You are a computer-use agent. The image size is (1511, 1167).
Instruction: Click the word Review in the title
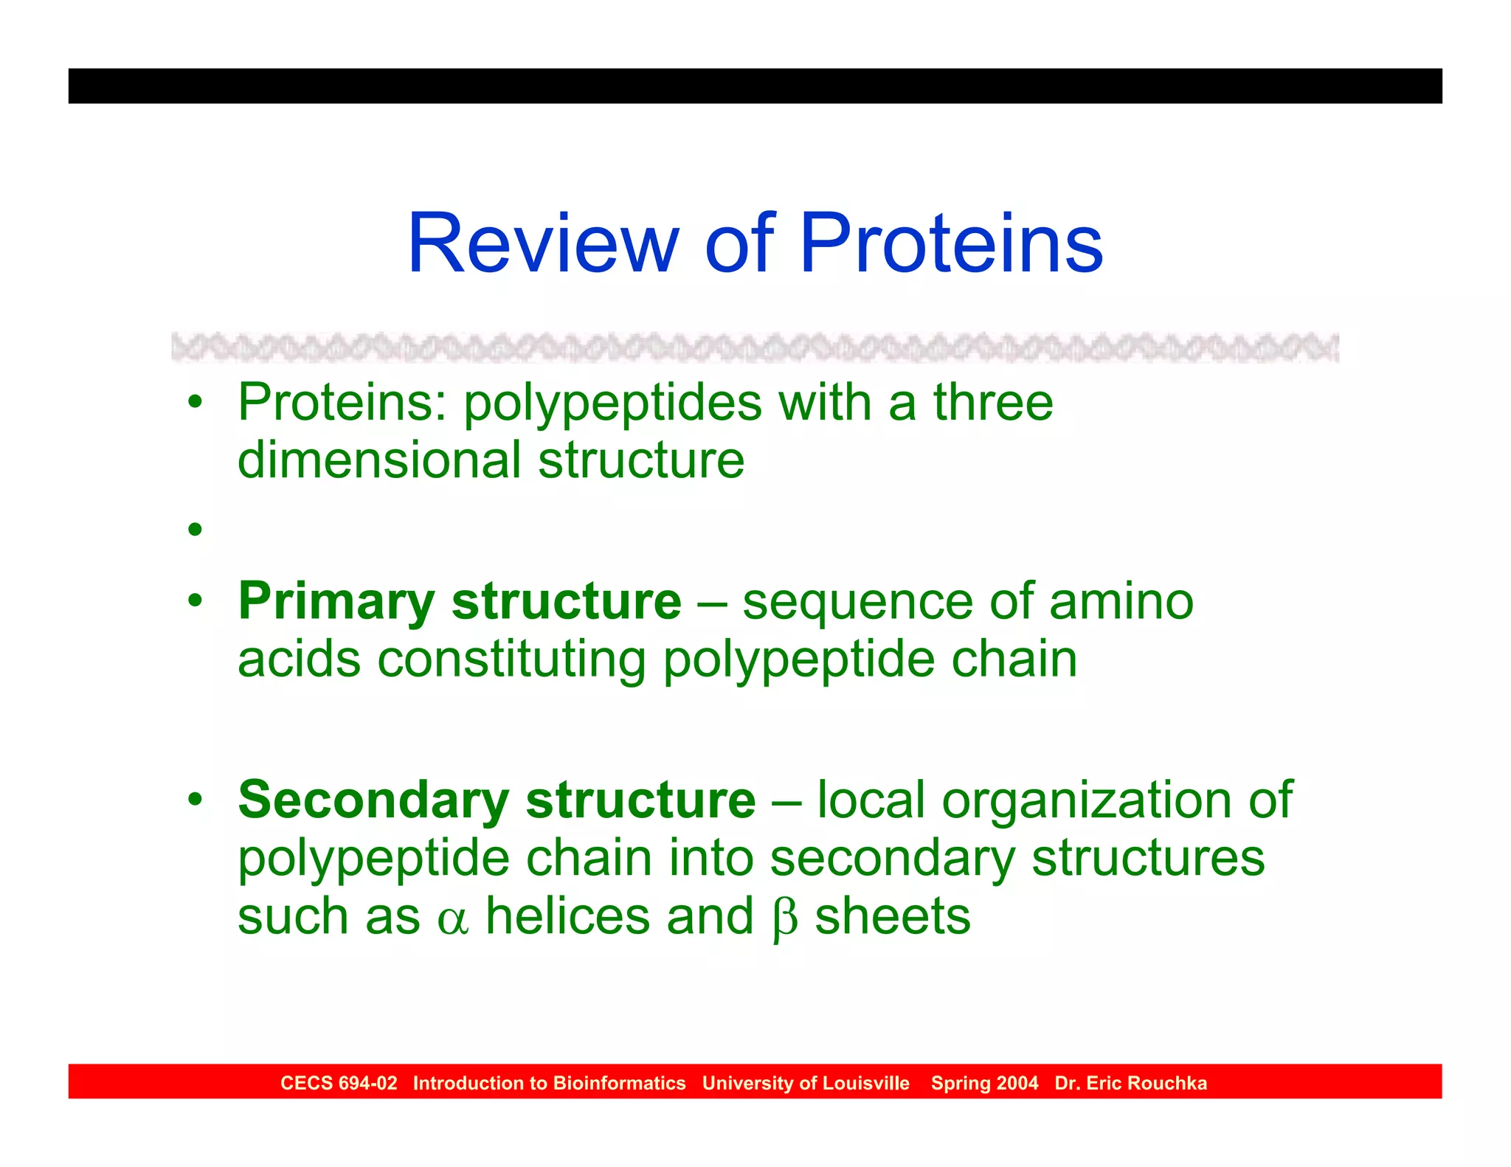click(542, 243)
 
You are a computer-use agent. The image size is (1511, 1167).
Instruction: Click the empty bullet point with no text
click(195, 529)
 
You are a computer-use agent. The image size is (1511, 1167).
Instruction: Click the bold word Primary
click(336, 602)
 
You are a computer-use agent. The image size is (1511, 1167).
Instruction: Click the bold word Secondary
click(373, 800)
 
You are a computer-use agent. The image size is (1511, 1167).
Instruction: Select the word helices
click(567, 917)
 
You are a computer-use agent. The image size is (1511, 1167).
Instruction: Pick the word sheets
click(892, 917)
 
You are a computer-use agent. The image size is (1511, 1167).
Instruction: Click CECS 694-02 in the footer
click(339, 1083)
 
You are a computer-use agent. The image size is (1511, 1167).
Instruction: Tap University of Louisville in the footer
click(806, 1083)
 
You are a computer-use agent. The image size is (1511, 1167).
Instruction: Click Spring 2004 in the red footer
click(984, 1083)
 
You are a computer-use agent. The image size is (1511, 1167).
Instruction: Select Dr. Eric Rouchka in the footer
click(1130, 1083)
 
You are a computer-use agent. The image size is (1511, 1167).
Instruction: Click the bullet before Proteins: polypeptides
click(195, 403)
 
